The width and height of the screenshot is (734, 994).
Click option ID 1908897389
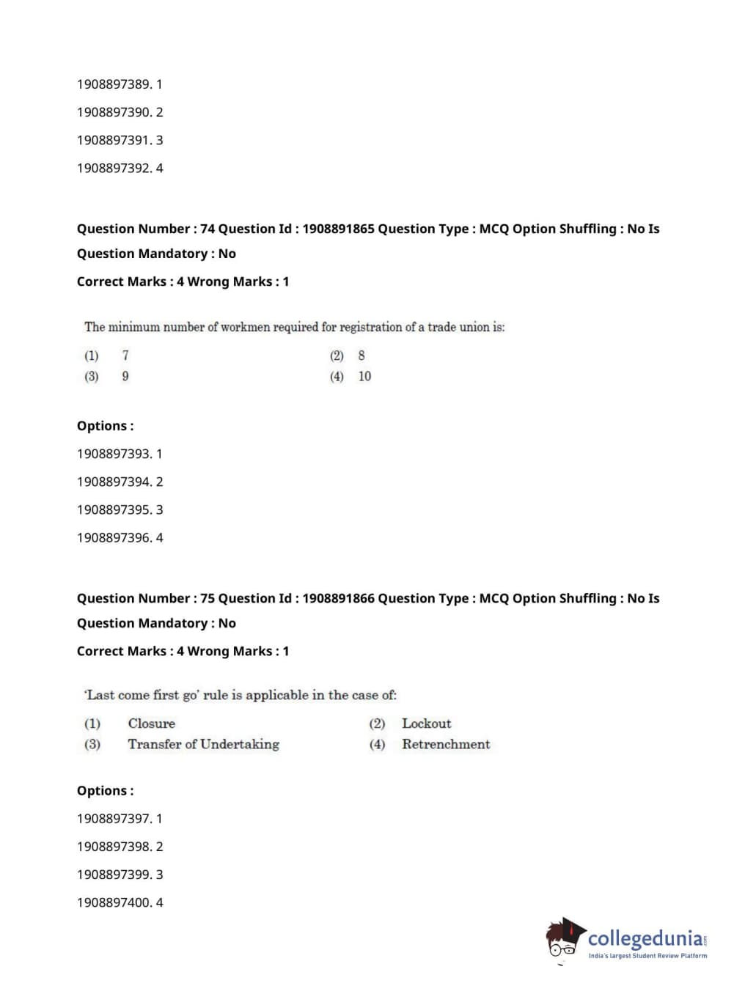coord(114,84)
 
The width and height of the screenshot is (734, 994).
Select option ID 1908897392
coord(114,168)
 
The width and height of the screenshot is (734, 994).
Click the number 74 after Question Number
coord(208,229)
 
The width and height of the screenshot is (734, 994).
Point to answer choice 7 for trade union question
coord(125,356)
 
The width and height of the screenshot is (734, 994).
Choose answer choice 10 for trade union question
coord(364,376)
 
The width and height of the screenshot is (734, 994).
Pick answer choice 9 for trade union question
coord(125,376)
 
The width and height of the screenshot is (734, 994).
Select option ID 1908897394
coord(114,482)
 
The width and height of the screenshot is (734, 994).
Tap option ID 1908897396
coord(114,537)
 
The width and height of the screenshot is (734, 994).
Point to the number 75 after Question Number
coord(208,598)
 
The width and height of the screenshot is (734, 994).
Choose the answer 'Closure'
coord(152,724)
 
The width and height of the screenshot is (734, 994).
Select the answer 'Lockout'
coord(426,724)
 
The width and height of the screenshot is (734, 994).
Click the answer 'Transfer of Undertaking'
coord(203,744)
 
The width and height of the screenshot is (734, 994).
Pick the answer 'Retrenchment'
coord(446,744)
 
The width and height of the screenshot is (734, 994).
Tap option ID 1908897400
coord(114,902)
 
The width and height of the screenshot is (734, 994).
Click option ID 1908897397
coord(114,819)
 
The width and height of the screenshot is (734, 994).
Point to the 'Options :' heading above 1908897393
coord(106,426)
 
